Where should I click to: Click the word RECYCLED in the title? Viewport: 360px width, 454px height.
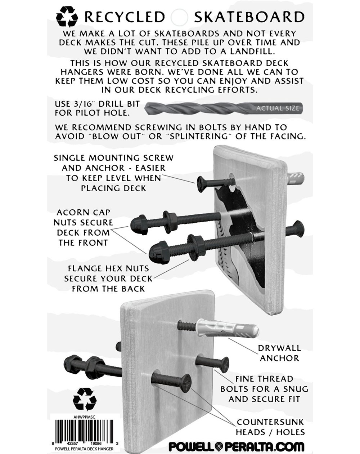pyautogui.click(x=124, y=17)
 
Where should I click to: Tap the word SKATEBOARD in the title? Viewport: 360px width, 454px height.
pyautogui.click(x=249, y=17)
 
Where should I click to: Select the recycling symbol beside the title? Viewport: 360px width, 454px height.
pyautogui.click(x=67, y=17)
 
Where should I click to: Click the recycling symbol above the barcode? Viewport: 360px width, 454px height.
pyautogui.click(x=84, y=399)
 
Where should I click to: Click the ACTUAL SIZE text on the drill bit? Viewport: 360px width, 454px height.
pyautogui.click(x=277, y=108)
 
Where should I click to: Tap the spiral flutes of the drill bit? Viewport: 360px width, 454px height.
pyautogui.click(x=198, y=108)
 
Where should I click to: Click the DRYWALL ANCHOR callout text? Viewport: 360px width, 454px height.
pyautogui.click(x=279, y=353)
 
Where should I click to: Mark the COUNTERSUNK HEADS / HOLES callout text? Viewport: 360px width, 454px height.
pyautogui.click(x=270, y=427)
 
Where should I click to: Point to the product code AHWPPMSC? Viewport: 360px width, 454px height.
pyautogui.click(x=84, y=415)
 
